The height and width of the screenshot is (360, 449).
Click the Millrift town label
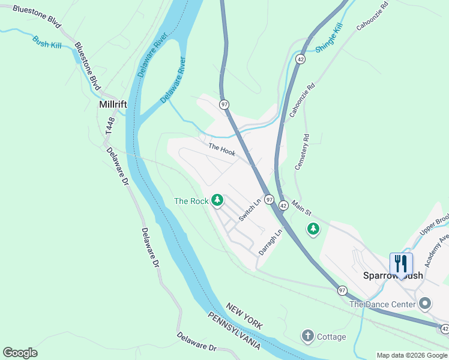pyautogui.click(x=112, y=104)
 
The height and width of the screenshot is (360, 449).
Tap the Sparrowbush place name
pyautogui.click(x=394, y=275)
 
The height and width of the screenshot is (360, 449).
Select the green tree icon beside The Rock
pyautogui.click(x=217, y=200)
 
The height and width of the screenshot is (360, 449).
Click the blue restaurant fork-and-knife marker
pyautogui.click(x=401, y=263)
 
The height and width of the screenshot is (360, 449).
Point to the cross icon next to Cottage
pyautogui.click(x=307, y=337)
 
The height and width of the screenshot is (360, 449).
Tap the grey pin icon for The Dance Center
pyautogui.click(x=426, y=304)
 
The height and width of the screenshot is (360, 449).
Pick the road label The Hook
pyautogui.click(x=221, y=149)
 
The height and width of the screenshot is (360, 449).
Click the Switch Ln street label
pyautogui.click(x=249, y=211)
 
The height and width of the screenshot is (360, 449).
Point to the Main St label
pyautogui.click(x=302, y=209)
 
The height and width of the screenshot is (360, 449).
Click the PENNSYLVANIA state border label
pyautogui.click(x=234, y=331)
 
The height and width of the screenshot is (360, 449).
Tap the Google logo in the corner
pyautogui.click(x=20, y=353)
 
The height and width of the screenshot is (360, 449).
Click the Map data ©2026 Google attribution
pyautogui.click(x=412, y=355)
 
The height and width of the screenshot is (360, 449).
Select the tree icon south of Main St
pyautogui.click(x=313, y=229)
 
